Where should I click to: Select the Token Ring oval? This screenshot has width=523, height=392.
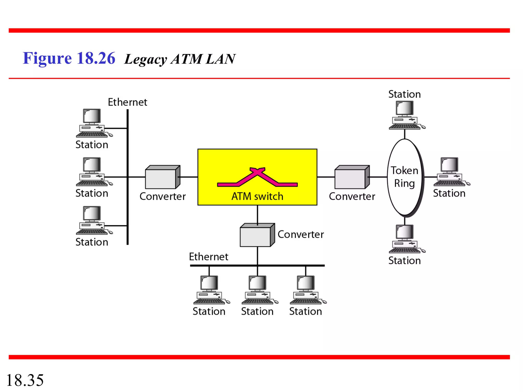tap(405, 177)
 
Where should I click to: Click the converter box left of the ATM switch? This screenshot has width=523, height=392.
tap(162, 177)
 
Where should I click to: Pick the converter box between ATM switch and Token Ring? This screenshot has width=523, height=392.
tap(352, 177)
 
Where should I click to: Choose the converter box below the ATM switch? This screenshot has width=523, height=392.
tap(257, 235)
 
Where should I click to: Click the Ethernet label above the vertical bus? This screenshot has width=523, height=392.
tap(127, 102)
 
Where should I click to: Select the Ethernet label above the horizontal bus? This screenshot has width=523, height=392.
tap(208, 257)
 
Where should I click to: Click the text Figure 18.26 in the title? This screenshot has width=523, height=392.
tap(69, 58)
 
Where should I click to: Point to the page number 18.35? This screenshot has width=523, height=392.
tap(25, 380)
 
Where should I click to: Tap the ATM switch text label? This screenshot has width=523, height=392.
tap(257, 197)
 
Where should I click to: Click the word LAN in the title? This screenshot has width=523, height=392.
tap(220, 59)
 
